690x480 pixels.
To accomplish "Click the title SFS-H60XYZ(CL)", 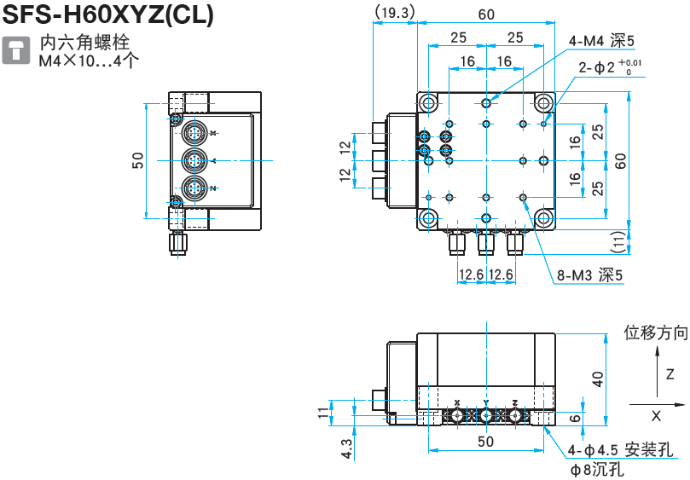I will click(108, 14).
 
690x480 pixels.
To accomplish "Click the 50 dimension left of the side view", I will click(137, 160).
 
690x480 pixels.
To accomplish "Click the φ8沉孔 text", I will click(598, 468).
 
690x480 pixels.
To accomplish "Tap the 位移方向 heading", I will click(655, 333).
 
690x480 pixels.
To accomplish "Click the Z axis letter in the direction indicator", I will click(670, 373).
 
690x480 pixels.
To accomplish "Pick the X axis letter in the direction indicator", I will click(656, 416).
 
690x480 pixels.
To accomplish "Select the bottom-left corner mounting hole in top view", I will click(429, 217).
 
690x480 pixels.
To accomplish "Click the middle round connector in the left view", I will click(193, 160).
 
